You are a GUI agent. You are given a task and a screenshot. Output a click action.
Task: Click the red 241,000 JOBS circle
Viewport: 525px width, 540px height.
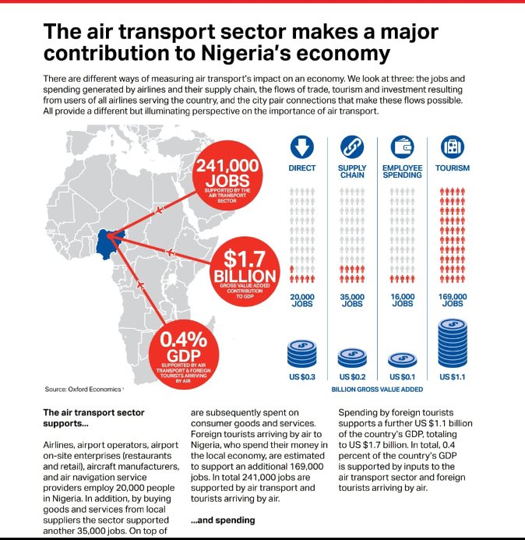click(x=227, y=175)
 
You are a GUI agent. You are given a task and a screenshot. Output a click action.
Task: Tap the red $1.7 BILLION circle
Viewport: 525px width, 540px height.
click(x=245, y=271)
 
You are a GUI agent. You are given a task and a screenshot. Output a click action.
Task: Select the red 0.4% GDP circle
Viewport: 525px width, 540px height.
click(x=184, y=355)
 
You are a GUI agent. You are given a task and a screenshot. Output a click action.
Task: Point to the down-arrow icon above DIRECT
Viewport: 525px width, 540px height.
click(x=302, y=147)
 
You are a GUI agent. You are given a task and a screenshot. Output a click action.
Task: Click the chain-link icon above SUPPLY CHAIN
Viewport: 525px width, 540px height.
click(x=352, y=147)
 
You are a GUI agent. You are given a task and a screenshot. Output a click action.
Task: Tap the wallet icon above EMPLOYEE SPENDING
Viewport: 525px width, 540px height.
click(x=402, y=147)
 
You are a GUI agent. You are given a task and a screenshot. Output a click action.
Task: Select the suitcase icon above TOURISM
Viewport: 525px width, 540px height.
click(x=453, y=147)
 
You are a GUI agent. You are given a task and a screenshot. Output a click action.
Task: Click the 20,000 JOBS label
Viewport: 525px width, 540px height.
click(x=302, y=300)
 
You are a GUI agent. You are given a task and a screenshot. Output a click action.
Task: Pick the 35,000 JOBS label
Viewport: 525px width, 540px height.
click(x=352, y=300)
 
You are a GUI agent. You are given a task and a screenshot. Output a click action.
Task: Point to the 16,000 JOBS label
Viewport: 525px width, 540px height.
click(x=402, y=300)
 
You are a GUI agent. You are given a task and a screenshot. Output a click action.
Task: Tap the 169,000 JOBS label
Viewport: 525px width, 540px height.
click(x=453, y=300)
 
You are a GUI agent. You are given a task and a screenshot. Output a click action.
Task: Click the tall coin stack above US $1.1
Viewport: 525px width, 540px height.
click(x=453, y=344)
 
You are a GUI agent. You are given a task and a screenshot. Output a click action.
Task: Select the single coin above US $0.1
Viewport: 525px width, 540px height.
click(x=402, y=360)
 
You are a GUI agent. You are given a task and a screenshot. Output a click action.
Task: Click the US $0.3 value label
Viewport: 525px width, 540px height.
click(x=302, y=377)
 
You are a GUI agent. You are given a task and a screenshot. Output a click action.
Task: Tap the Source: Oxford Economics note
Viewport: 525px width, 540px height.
click(x=83, y=389)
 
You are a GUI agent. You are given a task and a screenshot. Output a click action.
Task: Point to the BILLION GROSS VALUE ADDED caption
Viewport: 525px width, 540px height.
click(x=377, y=390)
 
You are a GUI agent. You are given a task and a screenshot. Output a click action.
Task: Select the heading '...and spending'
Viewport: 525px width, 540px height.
click(x=223, y=520)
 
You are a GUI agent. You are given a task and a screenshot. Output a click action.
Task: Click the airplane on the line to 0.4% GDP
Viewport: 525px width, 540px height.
click(x=140, y=285)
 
